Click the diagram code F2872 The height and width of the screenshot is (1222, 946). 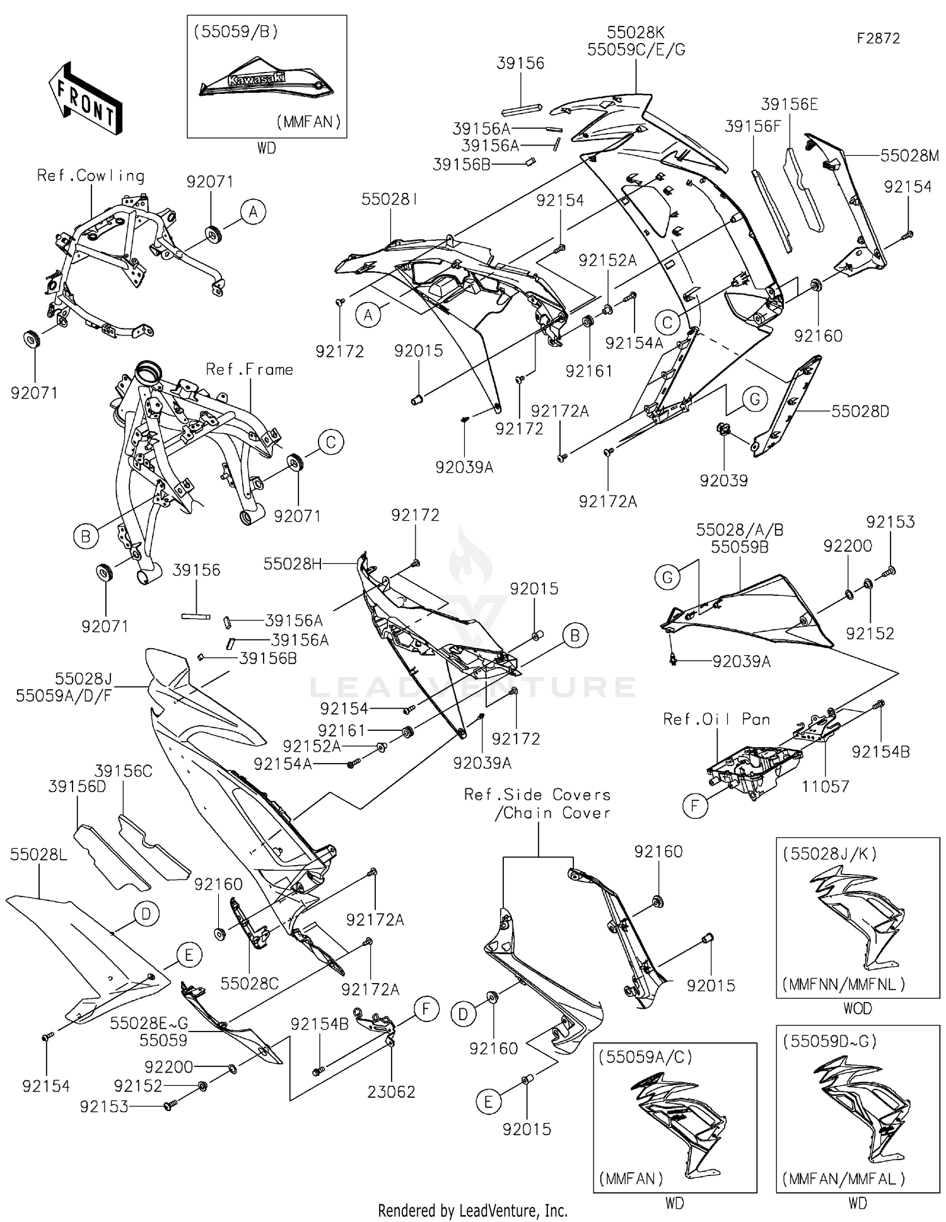tap(878, 38)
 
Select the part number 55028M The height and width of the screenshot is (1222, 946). tap(909, 156)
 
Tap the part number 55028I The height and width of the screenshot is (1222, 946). tap(390, 199)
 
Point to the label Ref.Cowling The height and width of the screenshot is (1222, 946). tap(91, 176)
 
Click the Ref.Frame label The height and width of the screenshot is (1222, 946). tap(250, 370)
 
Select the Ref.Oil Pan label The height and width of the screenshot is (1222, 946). tap(716, 719)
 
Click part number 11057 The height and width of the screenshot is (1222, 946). tap(825, 786)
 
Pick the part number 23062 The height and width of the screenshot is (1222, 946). tap(391, 1091)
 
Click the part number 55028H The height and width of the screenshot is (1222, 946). tap(292, 564)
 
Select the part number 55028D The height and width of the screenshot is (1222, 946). tap(860, 412)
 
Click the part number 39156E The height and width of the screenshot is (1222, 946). tap(789, 105)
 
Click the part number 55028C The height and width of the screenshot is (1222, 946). tap(250, 983)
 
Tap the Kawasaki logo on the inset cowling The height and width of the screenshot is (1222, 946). tap(256, 80)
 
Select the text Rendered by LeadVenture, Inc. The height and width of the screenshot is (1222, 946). tap(472, 1210)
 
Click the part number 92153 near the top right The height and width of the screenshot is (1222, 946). tap(890, 522)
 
